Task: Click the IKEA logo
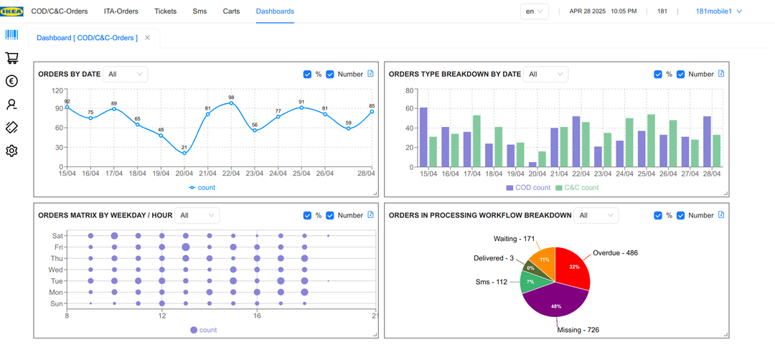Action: click(12, 11)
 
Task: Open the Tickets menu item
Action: click(165, 11)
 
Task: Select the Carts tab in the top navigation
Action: click(231, 11)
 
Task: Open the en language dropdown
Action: click(535, 11)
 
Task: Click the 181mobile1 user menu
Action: click(718, 11)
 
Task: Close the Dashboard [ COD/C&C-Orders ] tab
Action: click(147, 37)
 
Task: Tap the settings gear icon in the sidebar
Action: click(12, 151)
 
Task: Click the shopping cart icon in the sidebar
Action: click(12, 58)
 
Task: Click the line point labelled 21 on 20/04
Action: click(184, 153)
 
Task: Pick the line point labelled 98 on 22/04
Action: click(231, 103)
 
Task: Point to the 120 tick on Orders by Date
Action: click(58, 90)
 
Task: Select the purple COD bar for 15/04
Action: click(423, 137)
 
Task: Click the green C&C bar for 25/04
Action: click(652, 141)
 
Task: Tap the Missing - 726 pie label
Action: click(578, 330)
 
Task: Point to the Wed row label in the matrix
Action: click(55, 270)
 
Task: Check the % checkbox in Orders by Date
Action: click(307, 74)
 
